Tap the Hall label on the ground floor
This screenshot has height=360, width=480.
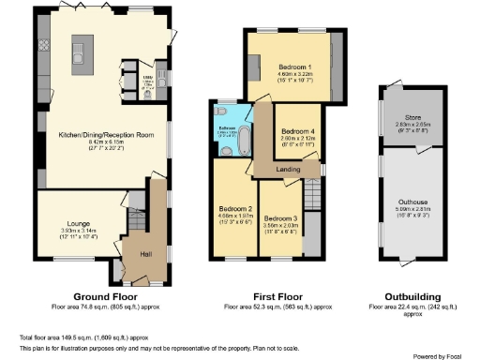point(145,253)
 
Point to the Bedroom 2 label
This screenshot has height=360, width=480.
point(235,207)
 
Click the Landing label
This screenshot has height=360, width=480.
point(289,169)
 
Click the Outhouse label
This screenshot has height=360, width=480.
point(412,202)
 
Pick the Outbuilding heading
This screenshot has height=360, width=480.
point(413,295)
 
